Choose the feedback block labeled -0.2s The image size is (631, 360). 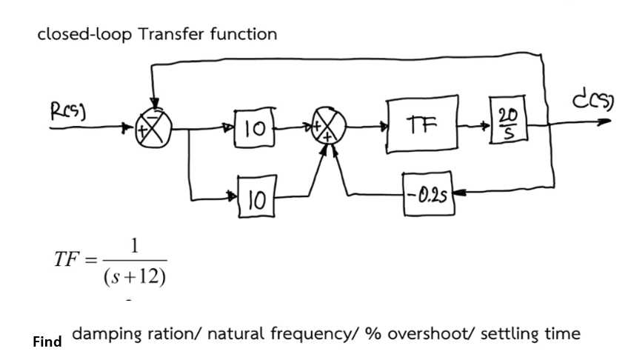point(427,192)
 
